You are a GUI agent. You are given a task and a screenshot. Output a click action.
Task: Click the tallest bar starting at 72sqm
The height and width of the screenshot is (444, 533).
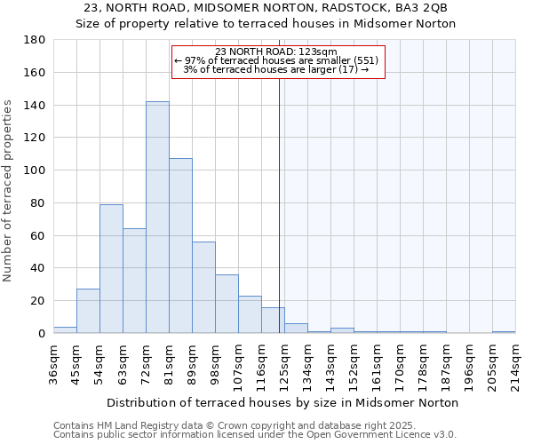[157, 218]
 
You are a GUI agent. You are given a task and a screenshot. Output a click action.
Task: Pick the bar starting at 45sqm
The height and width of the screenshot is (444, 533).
[88, 311]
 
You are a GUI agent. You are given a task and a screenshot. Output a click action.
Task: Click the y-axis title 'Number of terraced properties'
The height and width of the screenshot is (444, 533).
[8, 191]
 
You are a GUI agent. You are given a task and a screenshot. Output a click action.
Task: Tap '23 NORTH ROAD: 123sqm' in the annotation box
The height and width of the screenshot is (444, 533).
[276, 52]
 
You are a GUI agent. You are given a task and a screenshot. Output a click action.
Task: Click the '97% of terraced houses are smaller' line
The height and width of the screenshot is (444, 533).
[276, 60]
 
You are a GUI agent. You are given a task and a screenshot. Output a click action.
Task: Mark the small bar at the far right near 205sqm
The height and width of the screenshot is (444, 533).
[504, 331]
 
